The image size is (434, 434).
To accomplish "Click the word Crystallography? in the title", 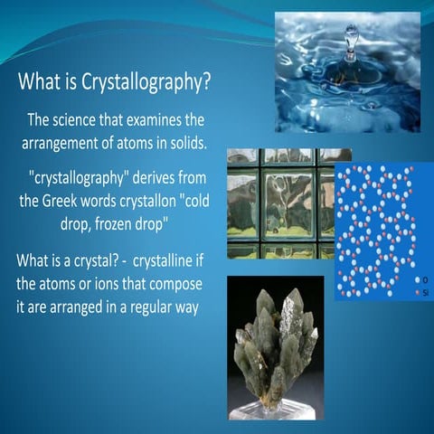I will pyautogui.click(x=154, y=84).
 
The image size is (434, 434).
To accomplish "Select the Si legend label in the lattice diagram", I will pyautogui.click(x=424, y=292).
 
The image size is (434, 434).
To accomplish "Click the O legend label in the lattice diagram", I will pyautogui.click(x=424, y=279).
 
